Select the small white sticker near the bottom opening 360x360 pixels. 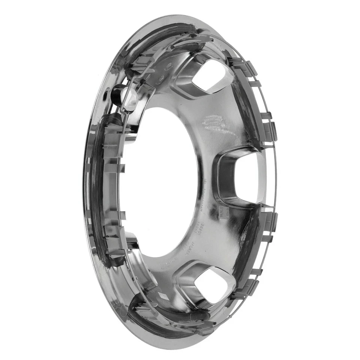click(164, 296)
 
